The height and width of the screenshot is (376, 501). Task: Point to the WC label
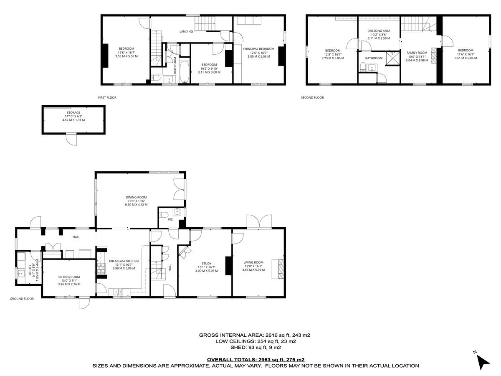click(x=170, y=219)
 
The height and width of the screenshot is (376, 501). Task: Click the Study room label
click(x=205, y=267)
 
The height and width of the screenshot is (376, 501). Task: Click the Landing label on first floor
click(x=186, y=31)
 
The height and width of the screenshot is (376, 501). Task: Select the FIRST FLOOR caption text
click(x=107, y=97)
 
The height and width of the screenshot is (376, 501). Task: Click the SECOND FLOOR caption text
click(x=312, y=97)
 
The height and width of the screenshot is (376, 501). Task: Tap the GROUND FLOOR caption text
click(x=22, y=299)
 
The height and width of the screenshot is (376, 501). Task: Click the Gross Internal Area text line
click(x=255, y=335)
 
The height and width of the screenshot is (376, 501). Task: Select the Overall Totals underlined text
click(x=256, y=359)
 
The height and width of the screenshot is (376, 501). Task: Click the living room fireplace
click(x=278, y=269)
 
